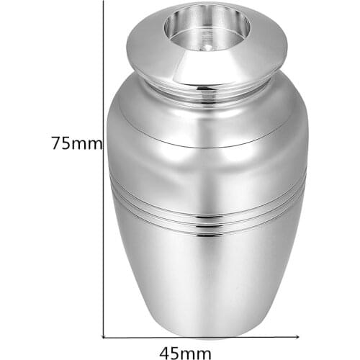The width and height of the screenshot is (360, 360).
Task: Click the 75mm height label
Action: (76, 143)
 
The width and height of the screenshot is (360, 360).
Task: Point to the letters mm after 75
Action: (88, 143)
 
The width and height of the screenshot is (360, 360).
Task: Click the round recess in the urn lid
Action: (207, 27)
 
